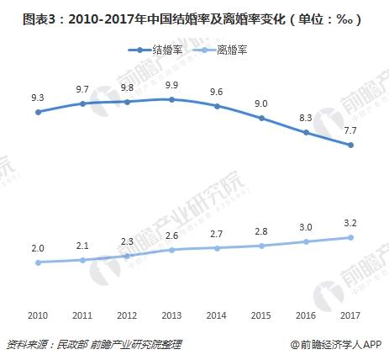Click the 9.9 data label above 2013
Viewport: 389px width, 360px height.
point(171,85)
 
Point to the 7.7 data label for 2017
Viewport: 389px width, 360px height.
point(350,130)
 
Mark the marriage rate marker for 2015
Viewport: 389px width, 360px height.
point(261,119)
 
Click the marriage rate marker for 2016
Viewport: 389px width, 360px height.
point(306,133)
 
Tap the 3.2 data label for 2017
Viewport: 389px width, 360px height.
point(350,223)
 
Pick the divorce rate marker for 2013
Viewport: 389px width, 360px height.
point(171,250)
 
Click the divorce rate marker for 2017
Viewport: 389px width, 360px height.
point(350,237)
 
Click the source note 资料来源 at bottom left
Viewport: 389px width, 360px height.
point(92,344)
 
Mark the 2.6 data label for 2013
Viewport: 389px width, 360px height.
point(171,236)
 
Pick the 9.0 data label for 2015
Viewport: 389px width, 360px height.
point(261,104)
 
